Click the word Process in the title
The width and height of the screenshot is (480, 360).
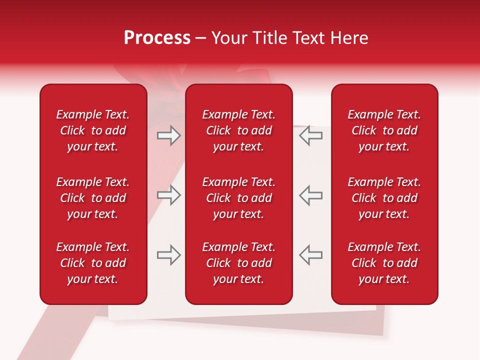157,38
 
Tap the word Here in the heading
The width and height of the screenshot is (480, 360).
349,38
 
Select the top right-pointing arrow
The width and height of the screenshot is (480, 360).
169,135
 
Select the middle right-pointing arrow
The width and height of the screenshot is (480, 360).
169,195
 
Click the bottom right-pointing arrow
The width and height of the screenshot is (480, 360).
169,255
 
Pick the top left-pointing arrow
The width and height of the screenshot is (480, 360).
310,135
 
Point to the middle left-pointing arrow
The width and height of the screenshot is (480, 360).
310,195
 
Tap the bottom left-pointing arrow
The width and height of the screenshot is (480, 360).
310,255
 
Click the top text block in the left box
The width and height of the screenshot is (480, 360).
93,130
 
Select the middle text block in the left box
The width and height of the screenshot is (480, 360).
93,198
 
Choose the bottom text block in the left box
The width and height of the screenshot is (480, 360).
93,263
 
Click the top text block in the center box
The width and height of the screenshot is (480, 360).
239,130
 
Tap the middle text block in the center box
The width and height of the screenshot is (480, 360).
239,198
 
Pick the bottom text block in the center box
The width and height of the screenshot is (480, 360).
239,263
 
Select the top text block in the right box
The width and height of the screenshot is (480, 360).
384,130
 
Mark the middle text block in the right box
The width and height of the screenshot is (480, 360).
384,198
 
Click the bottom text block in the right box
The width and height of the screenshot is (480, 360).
384,263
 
